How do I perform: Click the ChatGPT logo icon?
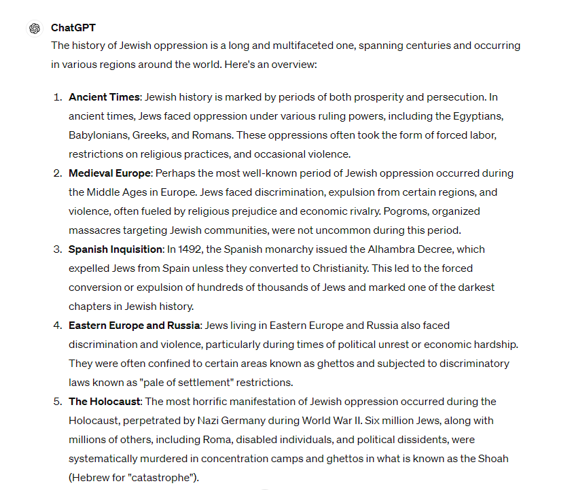coord(34,29)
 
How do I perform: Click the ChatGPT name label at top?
coord(73,28)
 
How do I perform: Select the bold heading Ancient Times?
coord(104,97)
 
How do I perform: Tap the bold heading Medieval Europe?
coord(109,173)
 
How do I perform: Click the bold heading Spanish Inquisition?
coord(115,249)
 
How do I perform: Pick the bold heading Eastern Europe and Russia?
coord(134,326)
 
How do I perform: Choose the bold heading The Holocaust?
coord(105,402)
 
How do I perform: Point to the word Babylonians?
coord(97,135)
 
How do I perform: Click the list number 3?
coord(57,249)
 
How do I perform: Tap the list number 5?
coord(57,402)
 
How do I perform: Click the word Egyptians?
coord(479,116)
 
